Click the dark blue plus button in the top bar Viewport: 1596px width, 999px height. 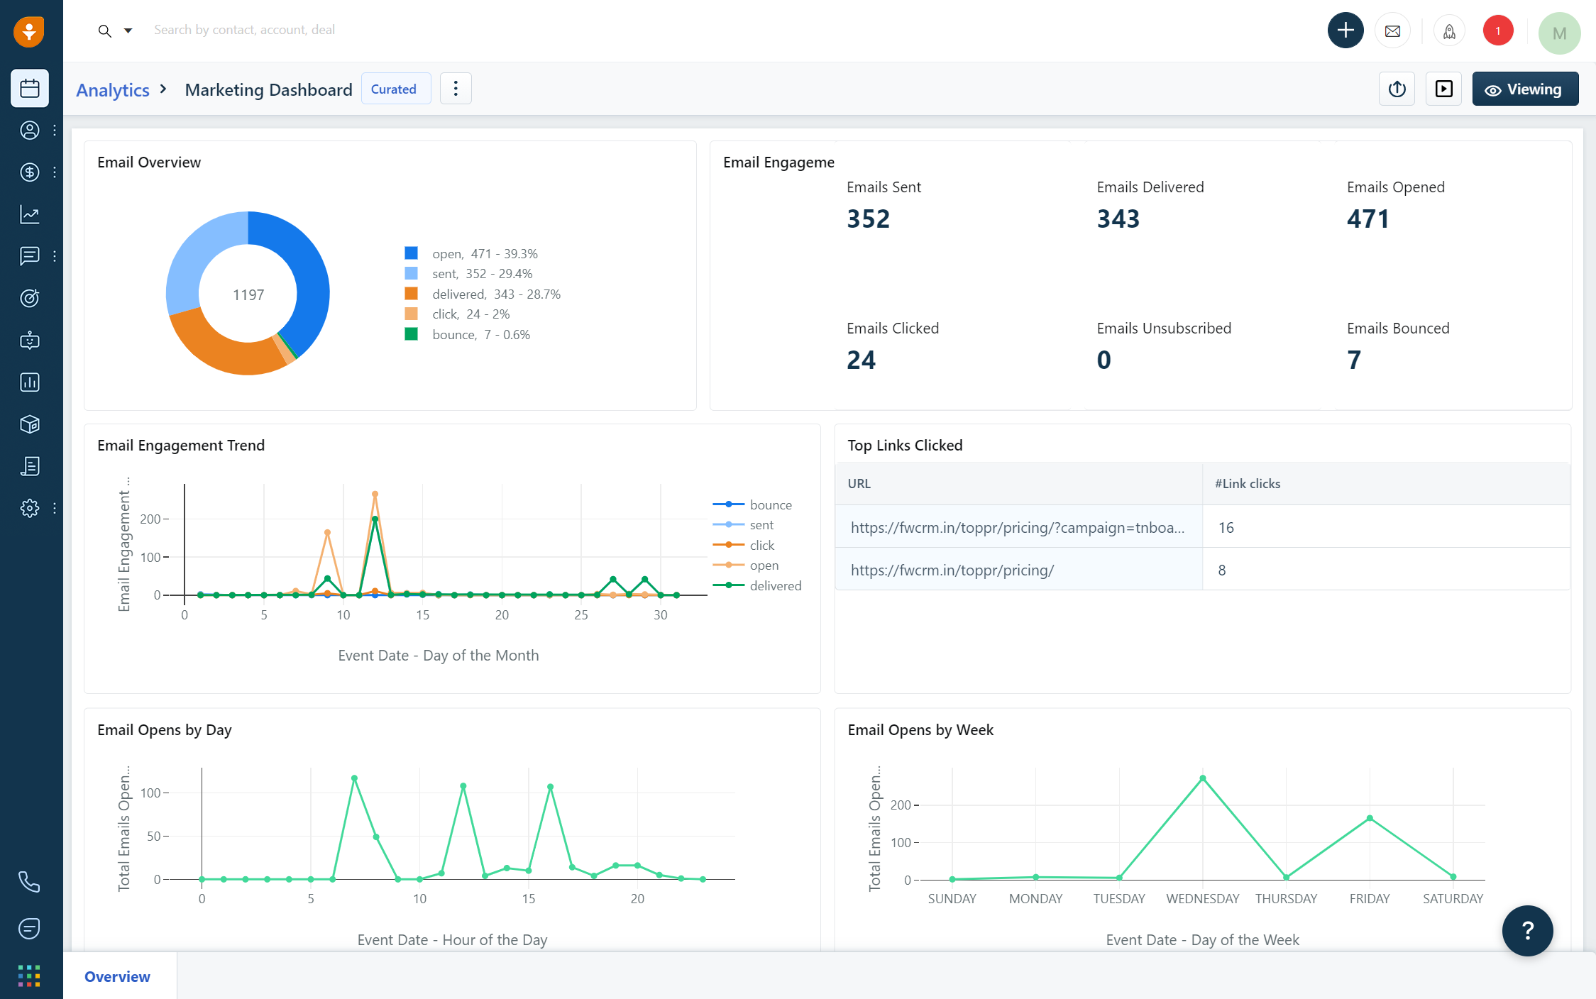1345,31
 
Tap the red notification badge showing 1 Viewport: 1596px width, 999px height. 1497,31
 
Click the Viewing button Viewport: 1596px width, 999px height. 1524,89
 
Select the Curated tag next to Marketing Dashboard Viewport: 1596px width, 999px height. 395,89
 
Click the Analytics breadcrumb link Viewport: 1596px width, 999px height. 113,90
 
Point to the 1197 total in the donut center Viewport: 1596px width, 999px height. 248,295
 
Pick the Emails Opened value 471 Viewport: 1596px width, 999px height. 1367,219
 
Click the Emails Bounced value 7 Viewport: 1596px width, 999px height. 1353,360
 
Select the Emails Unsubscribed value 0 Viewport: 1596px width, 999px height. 1104,360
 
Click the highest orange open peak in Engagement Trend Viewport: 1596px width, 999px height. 375,494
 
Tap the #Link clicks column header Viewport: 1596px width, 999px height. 1247,483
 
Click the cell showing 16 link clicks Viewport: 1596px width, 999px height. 1226,527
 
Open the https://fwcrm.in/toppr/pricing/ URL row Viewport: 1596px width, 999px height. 952,570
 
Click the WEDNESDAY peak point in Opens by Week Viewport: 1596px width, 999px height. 1202,778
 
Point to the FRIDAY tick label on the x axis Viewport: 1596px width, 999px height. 1369,898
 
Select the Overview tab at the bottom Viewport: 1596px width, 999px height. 118,976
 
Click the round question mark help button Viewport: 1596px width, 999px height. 1526,930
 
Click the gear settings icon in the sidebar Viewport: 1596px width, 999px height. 29,508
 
